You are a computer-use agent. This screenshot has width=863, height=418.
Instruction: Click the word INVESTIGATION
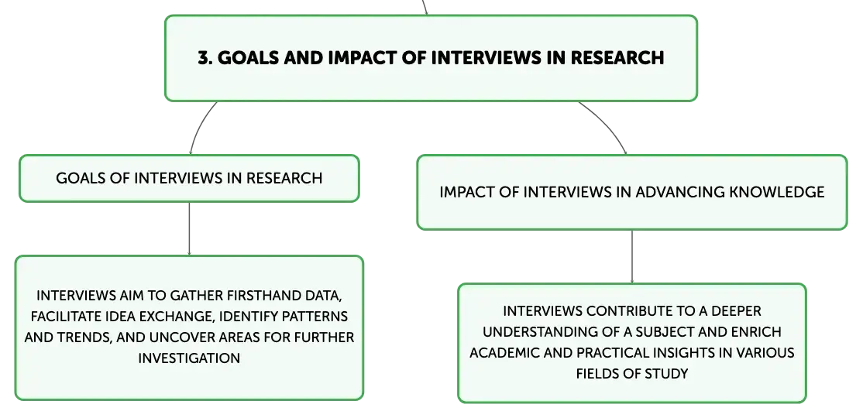(x=189, y=358)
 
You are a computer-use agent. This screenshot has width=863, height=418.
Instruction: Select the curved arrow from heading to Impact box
(x=607, y=124)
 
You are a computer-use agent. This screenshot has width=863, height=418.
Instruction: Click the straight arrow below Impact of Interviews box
(x=632, y=256)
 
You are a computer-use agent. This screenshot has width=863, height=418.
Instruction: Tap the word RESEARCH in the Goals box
(x=284, y=178)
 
